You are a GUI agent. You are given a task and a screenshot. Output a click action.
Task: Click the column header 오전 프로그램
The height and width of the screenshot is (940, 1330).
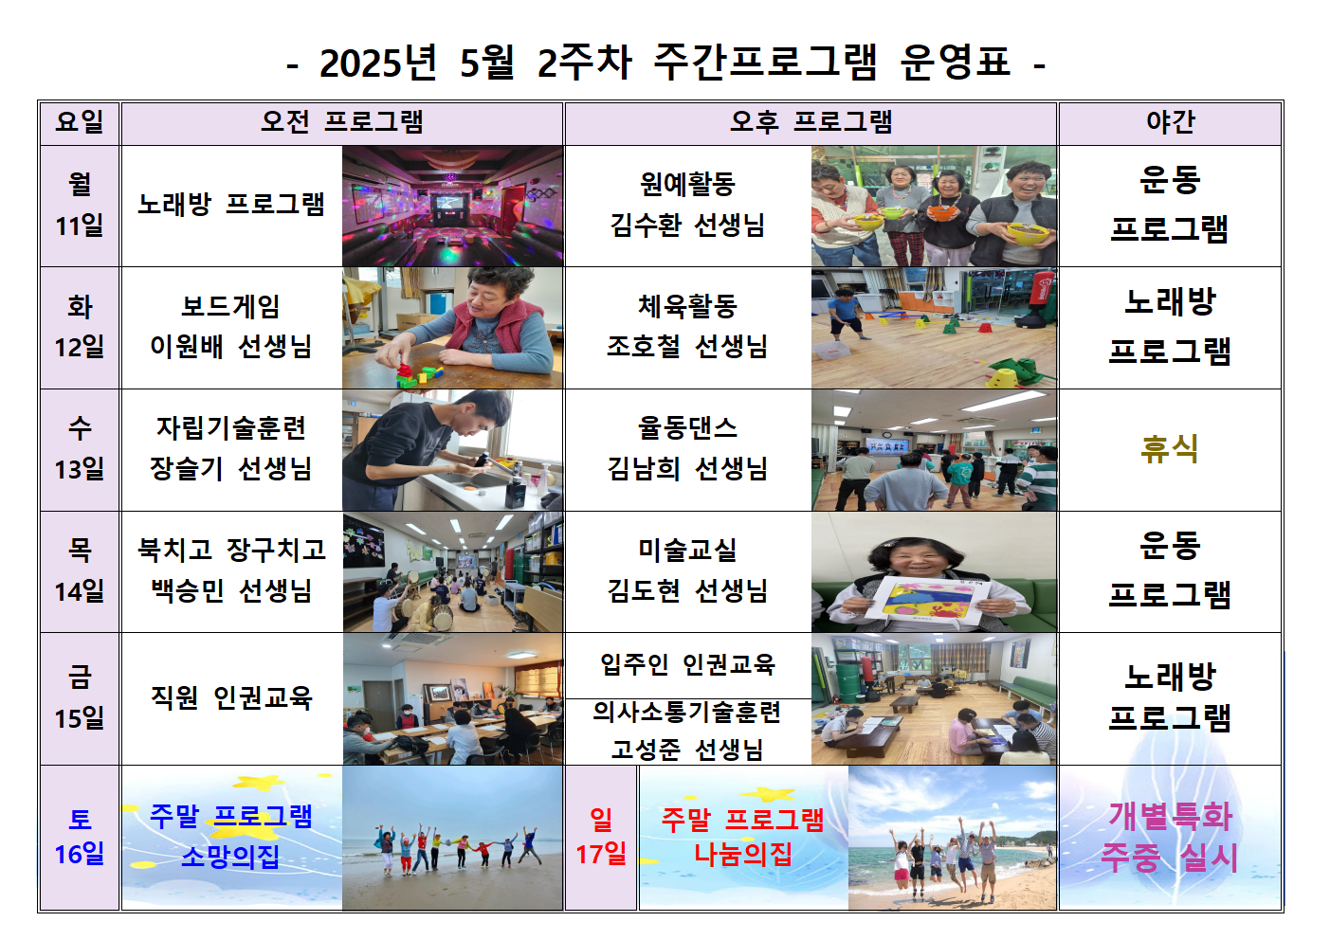(342, 122)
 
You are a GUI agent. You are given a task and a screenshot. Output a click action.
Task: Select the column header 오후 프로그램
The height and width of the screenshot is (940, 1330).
(811, 122)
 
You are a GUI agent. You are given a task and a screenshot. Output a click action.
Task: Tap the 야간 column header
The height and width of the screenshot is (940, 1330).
(1171, 122)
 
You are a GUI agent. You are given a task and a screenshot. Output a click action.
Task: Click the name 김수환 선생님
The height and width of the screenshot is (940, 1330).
(687, 226)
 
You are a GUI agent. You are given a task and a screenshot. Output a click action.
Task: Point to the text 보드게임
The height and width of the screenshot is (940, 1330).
(230, 307)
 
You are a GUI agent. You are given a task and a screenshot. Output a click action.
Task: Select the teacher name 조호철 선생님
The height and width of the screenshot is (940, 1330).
(687, 347)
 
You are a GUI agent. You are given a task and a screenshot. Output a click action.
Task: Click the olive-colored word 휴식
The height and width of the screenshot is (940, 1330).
(1170, 448)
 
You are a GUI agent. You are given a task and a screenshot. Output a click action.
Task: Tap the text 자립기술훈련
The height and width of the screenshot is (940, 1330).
(231, 428)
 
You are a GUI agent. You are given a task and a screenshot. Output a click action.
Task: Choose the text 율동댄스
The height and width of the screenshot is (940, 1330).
(687, 428)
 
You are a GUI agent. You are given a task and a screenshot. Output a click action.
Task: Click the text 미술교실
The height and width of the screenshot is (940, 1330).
(687, 551)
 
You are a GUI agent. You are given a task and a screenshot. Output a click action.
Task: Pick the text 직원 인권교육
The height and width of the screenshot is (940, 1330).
(231, 697)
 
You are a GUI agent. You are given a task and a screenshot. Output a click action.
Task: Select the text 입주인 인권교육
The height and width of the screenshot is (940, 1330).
(687, 664)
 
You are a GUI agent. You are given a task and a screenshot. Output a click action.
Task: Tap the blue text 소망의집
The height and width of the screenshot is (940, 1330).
(229, 857)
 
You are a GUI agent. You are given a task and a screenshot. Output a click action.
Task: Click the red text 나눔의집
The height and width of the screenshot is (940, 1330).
(743, 855)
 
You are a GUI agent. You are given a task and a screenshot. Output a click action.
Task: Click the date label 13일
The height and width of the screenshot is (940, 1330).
(80, 469)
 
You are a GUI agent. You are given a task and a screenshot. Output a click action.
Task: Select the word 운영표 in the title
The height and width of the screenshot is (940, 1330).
(955, 63)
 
